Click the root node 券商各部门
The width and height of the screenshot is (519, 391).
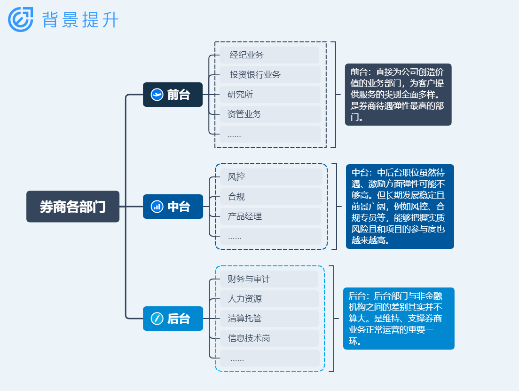coord(73,207)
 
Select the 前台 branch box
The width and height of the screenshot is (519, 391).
coord(173,95)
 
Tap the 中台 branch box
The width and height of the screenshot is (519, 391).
coord(173,207)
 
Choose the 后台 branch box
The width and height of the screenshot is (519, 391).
coord(173,319)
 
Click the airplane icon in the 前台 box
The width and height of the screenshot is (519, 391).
coord(157,95)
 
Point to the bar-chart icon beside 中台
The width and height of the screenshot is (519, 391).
coord(157,207)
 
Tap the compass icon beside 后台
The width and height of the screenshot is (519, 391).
coord(157,319)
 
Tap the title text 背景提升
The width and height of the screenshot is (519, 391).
coord(80,20)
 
